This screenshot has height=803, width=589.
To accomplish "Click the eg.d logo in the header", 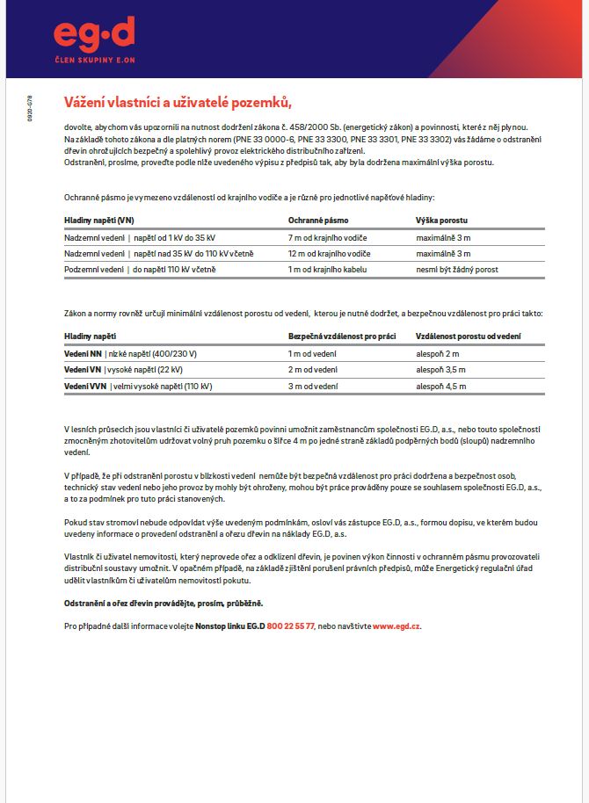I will click(94, 33).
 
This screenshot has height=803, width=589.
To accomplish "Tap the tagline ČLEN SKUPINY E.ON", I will click(94, 59).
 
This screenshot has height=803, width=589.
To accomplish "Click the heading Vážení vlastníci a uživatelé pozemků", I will click(178, 102).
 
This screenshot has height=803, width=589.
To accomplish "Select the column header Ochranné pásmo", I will click(318, 220).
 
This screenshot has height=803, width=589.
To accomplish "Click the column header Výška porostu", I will click(442, 220).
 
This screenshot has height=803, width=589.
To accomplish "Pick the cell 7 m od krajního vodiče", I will click(327, 238).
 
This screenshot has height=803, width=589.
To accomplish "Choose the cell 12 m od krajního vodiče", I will click(329, 253).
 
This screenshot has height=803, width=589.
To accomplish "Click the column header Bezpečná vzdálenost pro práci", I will click(342, 336).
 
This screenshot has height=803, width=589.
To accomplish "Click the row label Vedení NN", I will click(84, 353).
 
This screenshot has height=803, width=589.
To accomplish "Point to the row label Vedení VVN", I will click(86, 386).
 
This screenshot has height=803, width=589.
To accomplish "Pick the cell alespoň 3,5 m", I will click(440, 370).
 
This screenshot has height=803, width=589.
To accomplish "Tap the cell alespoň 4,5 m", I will click(440, 386).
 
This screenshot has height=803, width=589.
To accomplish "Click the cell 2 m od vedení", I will click(313, 370).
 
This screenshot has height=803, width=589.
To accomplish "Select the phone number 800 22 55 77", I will click(290, 626).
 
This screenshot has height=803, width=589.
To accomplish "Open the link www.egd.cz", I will click(396, 626).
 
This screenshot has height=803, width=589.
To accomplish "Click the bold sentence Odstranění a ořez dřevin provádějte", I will click(164, 604).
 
